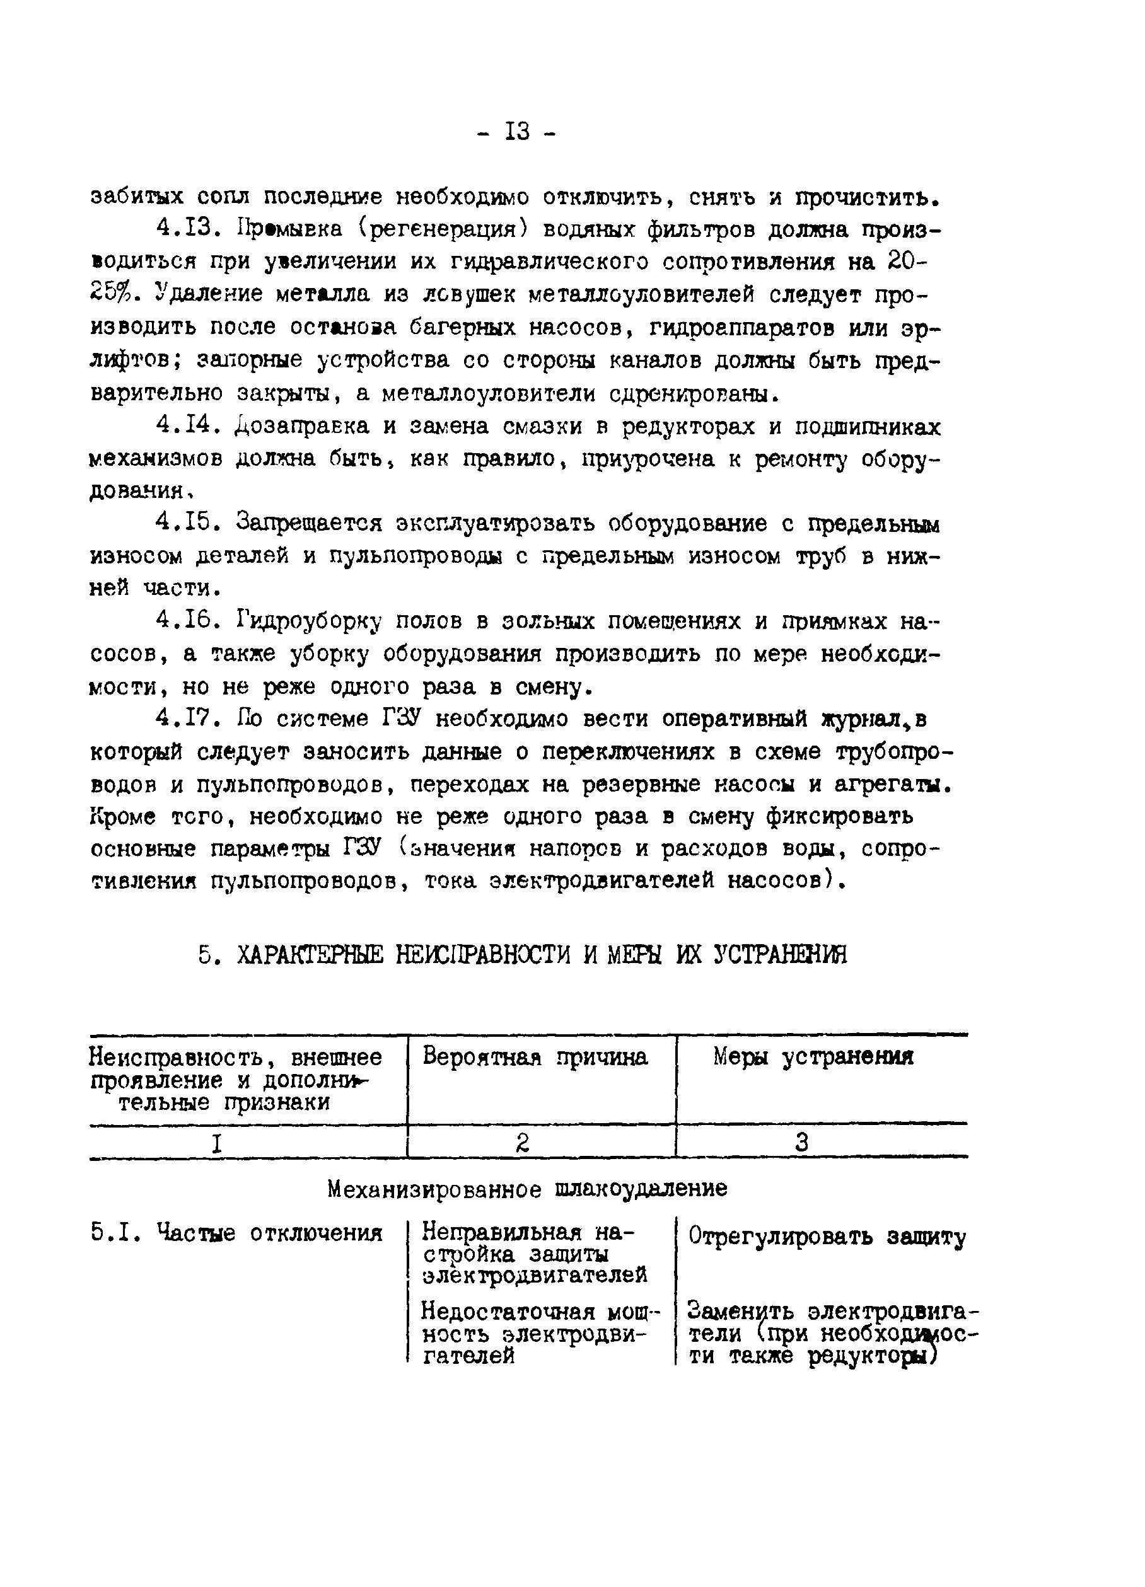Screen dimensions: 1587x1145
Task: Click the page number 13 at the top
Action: (x=518, y=132)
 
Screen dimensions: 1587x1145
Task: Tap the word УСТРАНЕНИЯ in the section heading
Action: (x=780, y=954)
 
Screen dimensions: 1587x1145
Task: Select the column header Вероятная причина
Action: (x=535, y=1056)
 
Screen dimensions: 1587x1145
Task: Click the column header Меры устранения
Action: (x=813, y=1056)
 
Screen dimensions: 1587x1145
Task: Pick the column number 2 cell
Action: (x=522, y=1143)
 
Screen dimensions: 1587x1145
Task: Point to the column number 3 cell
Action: (x=802, y=1143)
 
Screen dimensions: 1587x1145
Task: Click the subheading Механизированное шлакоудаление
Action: (x=527, y=1189)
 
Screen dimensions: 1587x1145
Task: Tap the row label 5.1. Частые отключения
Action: (x=236, y=1233)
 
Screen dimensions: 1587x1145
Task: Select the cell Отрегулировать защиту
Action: (x=827, y=1237)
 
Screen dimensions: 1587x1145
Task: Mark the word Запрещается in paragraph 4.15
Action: (x=310, y=523)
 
